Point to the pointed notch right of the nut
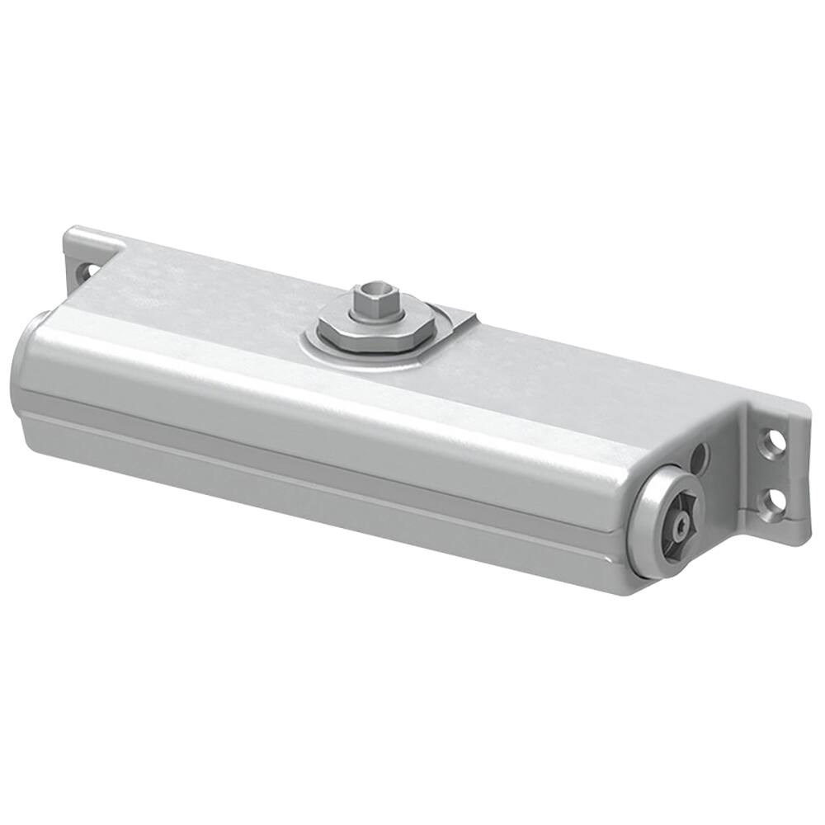pos(467,318)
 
